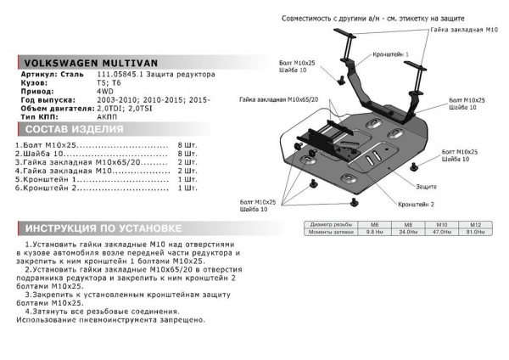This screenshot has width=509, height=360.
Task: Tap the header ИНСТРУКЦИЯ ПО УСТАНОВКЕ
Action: pyautogui.click(x=100, y=229)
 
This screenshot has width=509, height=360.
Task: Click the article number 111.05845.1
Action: pyautogui.click(x=119, y=76)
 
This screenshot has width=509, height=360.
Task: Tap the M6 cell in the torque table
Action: pyautogui.click(x=369, y=225)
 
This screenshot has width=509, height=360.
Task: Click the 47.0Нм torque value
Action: pyautogui.click(x=441, y=232)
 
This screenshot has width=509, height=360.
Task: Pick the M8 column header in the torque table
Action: pyautogui.click(x=405, y=225)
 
